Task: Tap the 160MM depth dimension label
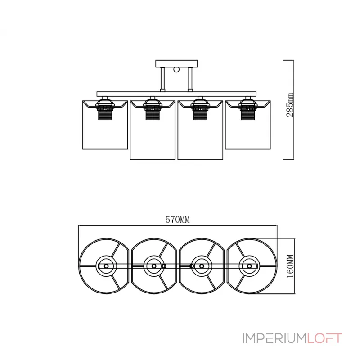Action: click(290, 265)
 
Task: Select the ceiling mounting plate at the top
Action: click(177, 63)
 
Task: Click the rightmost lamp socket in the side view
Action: click(246, 110)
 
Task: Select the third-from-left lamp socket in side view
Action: click(199, 110)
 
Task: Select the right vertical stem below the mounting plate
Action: click(193, 80)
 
